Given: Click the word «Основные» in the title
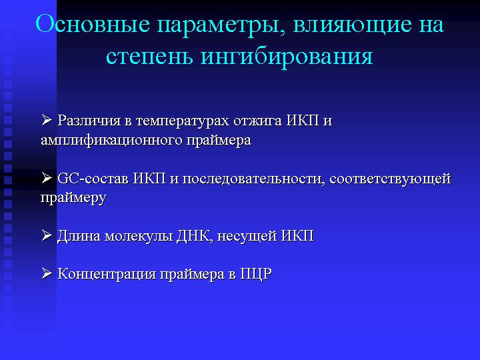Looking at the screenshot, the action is point(93,24).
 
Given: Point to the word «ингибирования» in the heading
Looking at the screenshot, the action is point(287,57).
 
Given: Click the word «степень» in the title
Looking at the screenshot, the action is point(149,57).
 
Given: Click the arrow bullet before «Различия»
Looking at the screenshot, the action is point(47,120).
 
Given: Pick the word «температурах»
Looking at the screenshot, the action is point(183,121).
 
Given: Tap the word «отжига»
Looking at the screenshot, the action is point(258,121).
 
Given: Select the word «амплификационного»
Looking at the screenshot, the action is point(111,141).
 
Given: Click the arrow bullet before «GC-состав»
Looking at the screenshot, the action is point(47,177).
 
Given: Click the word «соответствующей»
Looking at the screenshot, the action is point(390,179).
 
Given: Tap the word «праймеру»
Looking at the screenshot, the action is point(73,198).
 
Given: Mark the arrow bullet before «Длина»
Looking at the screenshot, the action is point(47,235).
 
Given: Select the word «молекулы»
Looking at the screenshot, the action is point(139,237).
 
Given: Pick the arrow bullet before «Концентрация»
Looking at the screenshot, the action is point(47,273).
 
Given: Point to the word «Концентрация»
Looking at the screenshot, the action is point(107,274).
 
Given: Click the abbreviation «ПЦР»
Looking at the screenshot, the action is point(256,274).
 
